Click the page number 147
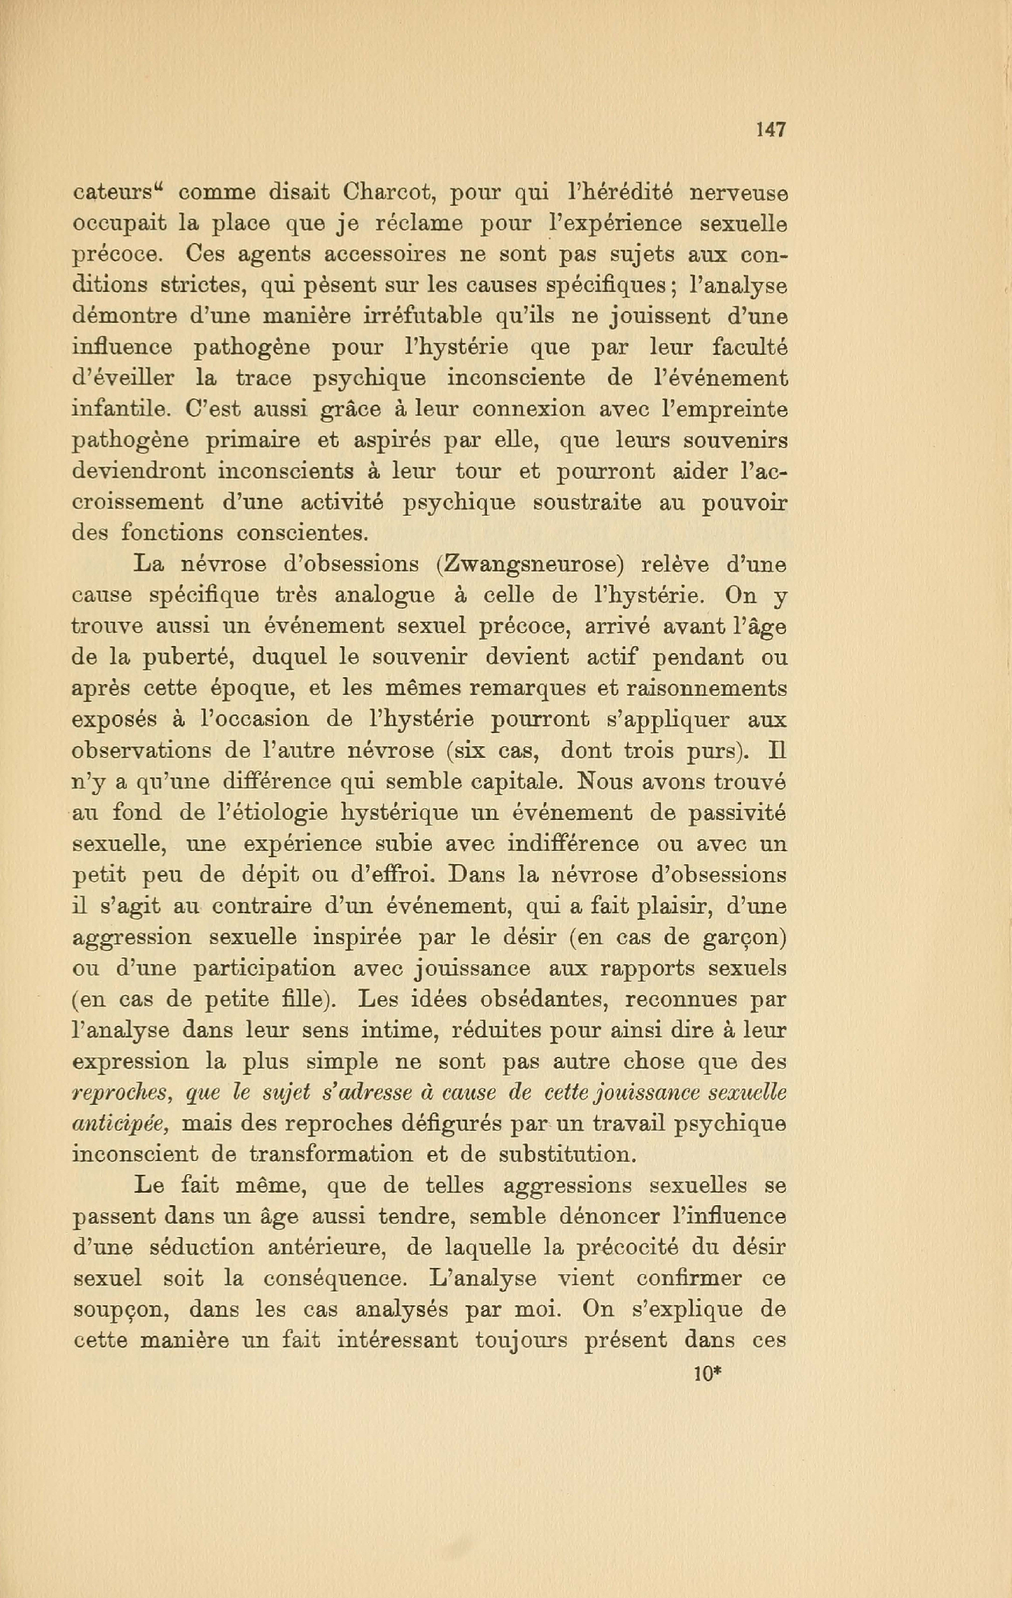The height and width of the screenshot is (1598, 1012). tap(770, 130)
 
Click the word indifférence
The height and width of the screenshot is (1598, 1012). tap(572, 844)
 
